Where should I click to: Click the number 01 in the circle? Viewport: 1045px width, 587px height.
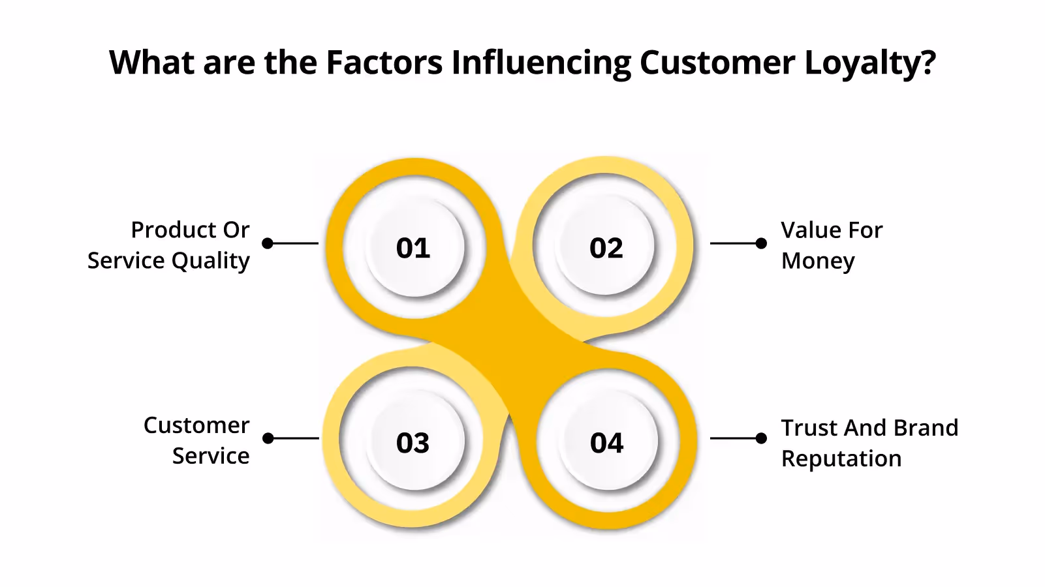click(413, 248)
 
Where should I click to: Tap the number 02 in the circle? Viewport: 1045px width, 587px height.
click(606, 248)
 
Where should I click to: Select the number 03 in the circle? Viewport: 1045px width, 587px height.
click(413, 443)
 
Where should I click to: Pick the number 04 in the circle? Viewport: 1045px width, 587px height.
click(607, 443)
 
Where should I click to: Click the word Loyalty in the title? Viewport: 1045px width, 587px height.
click(870, 63)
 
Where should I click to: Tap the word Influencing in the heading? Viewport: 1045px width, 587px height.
click(541, 63)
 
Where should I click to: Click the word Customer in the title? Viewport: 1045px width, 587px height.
click(717, 63)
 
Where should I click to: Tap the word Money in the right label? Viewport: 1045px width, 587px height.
click(818, 260)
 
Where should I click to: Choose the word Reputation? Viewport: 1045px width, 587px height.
click(841, 459)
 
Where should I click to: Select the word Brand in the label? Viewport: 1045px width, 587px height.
click(926, 428)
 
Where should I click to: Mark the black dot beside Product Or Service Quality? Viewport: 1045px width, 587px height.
click(268, 243)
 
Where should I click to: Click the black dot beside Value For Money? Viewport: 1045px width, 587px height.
click(761, 243)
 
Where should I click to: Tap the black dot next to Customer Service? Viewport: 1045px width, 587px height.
click(268, 438)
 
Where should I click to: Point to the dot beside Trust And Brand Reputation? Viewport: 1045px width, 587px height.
click(761, 438)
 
